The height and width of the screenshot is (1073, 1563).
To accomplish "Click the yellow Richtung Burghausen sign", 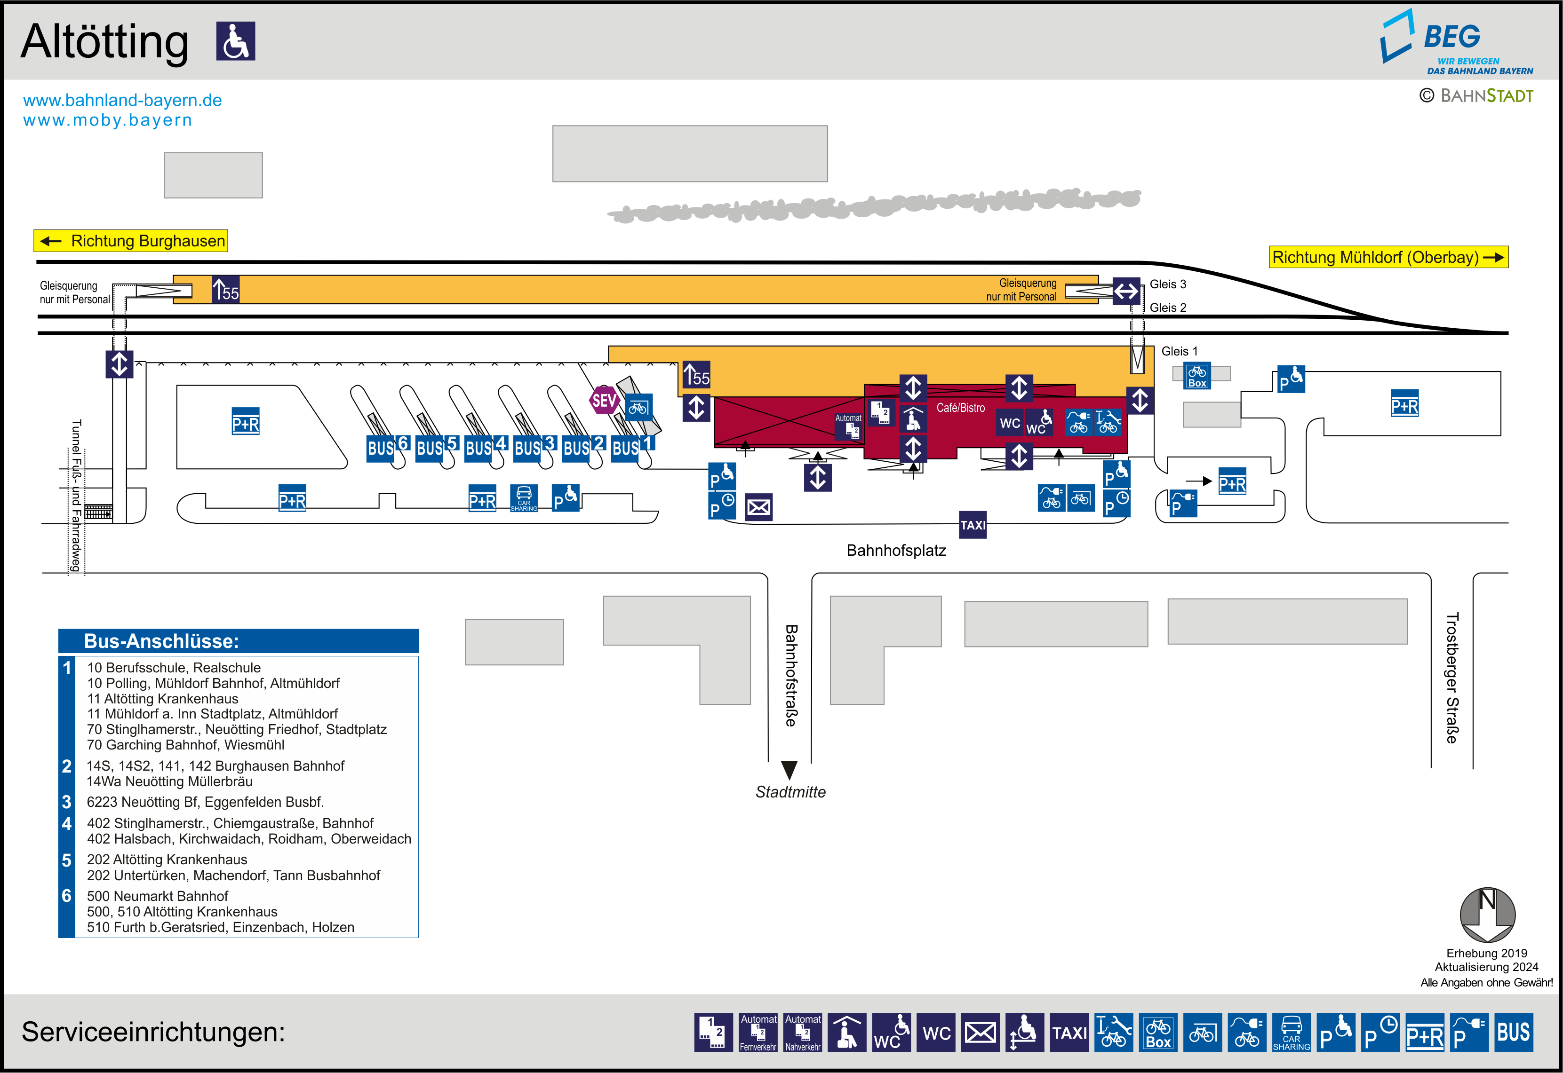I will point(131,241).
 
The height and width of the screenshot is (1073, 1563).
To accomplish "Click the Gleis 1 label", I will point(1179,351).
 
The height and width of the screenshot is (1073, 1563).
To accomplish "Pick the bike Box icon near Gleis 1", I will point(1197,376).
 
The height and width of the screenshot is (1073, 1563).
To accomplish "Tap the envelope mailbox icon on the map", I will point(758,507).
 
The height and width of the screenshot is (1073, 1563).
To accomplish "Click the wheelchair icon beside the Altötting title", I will point(235,41).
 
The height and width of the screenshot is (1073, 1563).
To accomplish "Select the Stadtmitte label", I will point(790,792).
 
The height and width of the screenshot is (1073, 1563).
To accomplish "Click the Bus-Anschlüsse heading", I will point(161,641).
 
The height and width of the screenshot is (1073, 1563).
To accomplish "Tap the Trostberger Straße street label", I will point(1452,678).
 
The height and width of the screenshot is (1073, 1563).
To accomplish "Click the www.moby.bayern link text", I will point(108,120).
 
